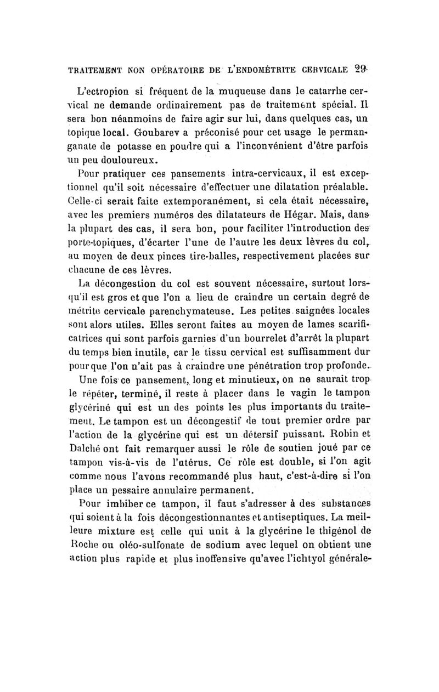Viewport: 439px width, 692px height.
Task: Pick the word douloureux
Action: [132, 159]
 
